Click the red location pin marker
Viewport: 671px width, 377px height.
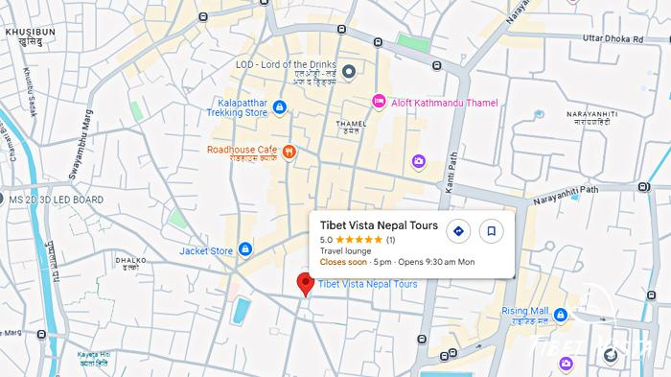tap(306, 284)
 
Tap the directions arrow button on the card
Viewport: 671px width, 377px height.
tap(458, 231)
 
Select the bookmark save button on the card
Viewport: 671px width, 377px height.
tap(491, 231)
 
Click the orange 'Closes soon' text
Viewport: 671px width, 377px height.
tap(343, 262)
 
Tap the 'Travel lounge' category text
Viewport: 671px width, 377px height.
tap(345, 251)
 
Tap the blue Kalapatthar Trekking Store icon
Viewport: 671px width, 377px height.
tap(279, 106)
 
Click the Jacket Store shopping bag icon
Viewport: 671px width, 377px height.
tap(245, 251)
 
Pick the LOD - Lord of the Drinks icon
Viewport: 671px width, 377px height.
tap(349, 71)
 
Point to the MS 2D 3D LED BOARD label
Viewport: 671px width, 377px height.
tap(56, 200)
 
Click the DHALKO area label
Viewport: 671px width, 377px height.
tap(130, 260)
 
